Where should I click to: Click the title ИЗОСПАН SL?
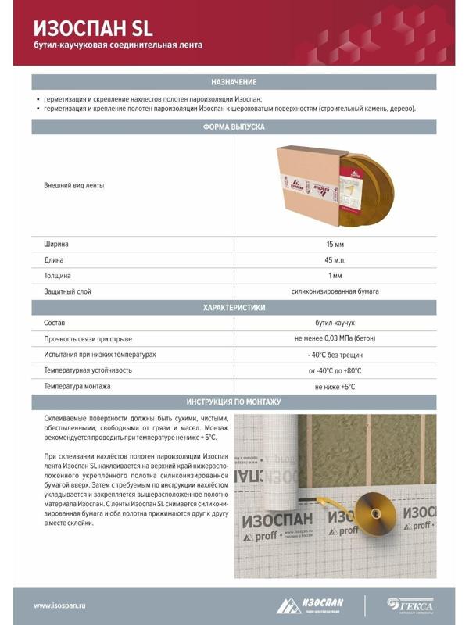click(93, 28)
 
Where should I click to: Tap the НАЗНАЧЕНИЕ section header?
click(234, 82)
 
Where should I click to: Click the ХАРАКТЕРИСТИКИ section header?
click(234, 308)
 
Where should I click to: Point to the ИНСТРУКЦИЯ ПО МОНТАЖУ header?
click(234, 402)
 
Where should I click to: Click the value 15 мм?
click(335, 245)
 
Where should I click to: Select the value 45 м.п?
click(335, 260)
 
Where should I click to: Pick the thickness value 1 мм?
click(335, 276)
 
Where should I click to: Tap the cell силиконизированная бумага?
click(335, 291)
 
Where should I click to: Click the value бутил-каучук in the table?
click(335, 323)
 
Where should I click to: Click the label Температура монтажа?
click(77, 386)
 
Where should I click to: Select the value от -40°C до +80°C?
click(335, 370)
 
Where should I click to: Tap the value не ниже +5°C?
click(335, 386)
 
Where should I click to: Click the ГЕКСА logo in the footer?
click(410, 605)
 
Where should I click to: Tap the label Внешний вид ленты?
click(74, 186)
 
